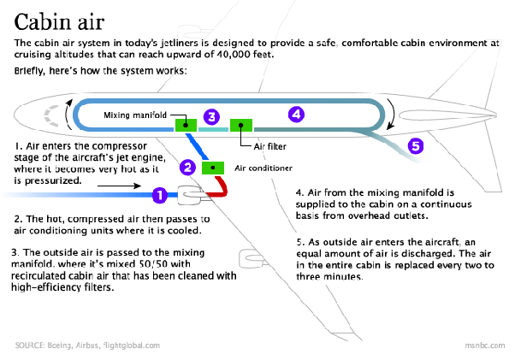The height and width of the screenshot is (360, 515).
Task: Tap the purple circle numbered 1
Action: coord(157,196)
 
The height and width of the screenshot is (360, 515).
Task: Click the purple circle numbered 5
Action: coord(415,145)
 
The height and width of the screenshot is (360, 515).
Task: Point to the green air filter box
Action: coord(241,126)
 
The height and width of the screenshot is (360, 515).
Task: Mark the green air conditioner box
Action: coord(211,167)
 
